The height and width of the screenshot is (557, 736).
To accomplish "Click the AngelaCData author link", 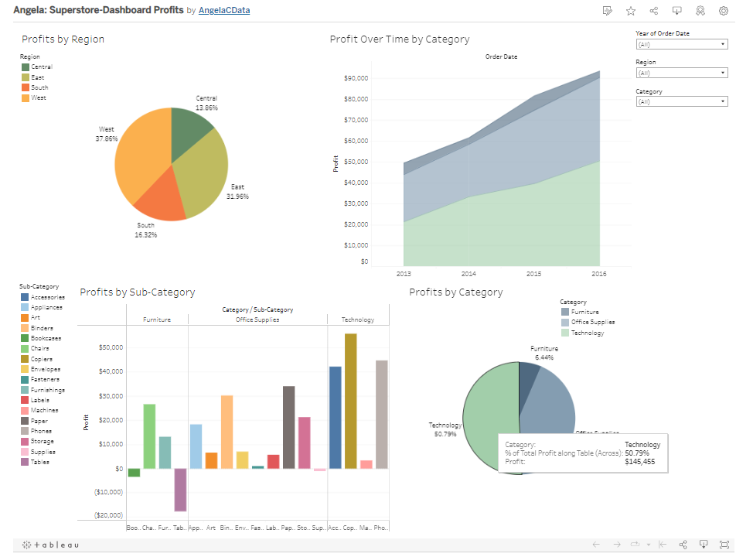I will click(224, 11).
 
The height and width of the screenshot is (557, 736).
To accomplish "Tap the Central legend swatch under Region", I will click(26, 67).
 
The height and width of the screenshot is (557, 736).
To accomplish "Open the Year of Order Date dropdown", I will click(681, 44).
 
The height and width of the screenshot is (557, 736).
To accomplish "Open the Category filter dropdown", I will click(681, 101).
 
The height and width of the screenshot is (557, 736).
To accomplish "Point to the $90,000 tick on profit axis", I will click(356, 78).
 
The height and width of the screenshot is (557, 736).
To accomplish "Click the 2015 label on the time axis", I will click(533, 274).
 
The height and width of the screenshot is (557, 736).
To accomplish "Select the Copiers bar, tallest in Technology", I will click(350, 401).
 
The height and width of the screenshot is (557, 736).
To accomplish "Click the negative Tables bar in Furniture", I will click(180, 490).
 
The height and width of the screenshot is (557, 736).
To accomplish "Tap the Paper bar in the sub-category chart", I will click(288, 427).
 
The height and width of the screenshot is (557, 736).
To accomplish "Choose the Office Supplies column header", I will click(257, 320).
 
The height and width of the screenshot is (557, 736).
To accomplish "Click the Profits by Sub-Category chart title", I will click(138, 292).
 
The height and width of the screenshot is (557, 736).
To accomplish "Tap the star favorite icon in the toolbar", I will click(631, 11).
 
